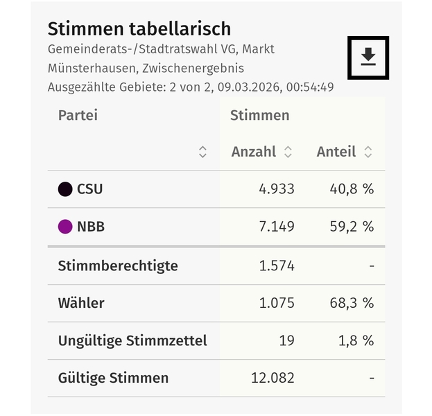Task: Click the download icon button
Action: (x=368, y=57)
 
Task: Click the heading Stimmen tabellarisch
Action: (x=139, y=29)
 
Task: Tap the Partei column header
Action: (x=78, y=115)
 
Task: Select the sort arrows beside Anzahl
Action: (x=288, y=152)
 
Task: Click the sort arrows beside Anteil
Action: (x=368, y=152)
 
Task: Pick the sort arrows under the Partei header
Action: (x=202, y=152)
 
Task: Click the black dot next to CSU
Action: (x=65, y=189)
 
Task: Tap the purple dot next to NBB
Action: (x=65, y=227)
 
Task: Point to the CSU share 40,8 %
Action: (x=351, y=189)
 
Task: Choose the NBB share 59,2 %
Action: (x=351, y=227)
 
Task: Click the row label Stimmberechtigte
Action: (x=118, y=266)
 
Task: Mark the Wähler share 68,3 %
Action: (x=351, y=303)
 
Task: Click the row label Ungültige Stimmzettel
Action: (x=132, y=340)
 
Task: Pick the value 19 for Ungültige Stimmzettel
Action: (x=286, y=340)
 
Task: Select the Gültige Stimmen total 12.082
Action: (x=272, y=378)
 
